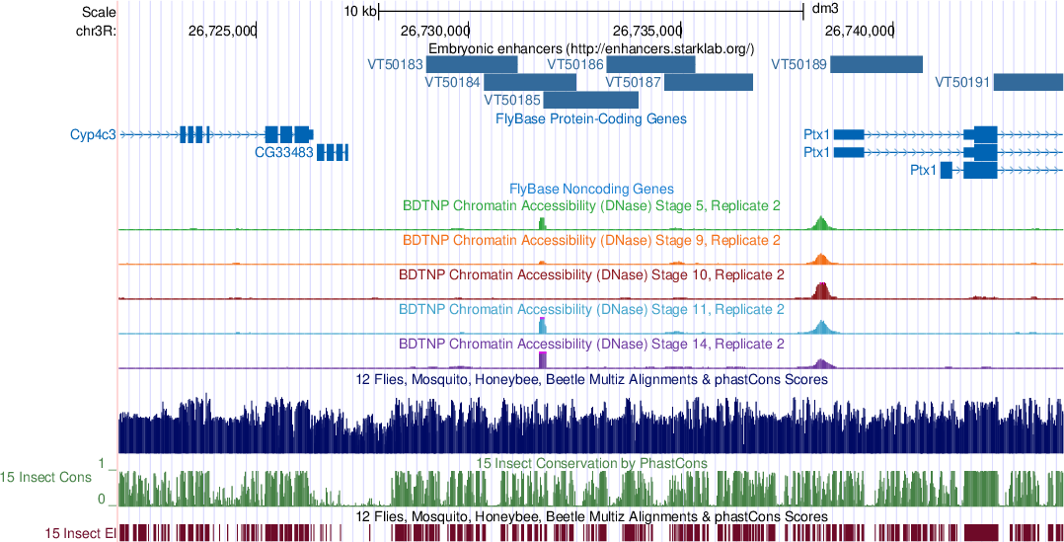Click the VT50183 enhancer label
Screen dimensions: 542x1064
(395, 64)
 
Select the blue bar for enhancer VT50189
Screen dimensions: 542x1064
(875, 64)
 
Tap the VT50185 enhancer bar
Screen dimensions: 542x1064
(590, 100)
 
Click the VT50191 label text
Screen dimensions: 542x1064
(961, 82)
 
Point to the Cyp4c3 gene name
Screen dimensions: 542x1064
(93, 134)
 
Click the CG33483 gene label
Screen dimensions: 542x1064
(283, 152)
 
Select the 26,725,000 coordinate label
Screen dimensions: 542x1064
(221, 31)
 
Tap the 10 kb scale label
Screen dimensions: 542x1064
(359, 12)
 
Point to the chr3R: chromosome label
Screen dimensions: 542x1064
(96, 31)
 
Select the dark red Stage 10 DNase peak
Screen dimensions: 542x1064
(821, 290)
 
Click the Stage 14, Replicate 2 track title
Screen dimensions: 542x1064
(591, 345)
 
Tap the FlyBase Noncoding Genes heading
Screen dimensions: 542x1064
(591, 189)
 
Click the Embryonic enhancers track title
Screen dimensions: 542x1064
(591, 47)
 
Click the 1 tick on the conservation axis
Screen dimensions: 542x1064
(102, 462)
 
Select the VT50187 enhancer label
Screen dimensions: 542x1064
(633, 82)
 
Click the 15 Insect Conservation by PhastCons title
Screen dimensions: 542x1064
(591, 462)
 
